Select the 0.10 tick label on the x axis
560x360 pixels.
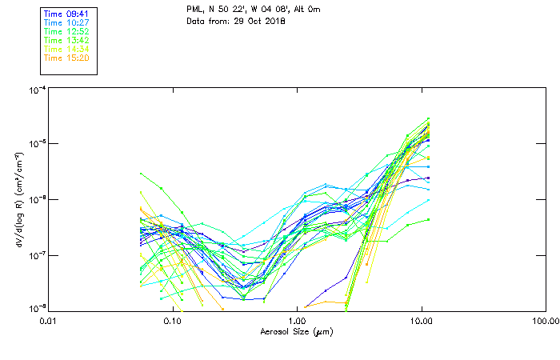[172, 321]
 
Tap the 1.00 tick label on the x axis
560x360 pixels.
[296, 321]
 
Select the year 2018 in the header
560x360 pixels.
[274, 20]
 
